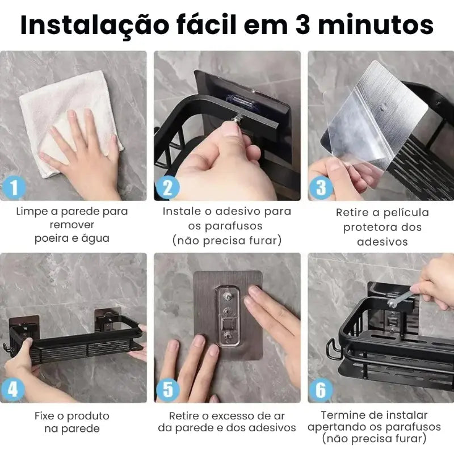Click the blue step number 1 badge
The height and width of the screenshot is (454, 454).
(x=14, y=187)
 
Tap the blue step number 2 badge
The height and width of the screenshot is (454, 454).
(x=168, y=187)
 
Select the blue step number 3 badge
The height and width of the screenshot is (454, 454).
(x=321, y=187)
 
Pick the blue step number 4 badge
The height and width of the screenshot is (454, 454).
(x=13, y=389)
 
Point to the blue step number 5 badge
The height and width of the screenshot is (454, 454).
(x=168, y=389)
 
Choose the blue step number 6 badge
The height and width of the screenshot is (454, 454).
(x=321, y=389)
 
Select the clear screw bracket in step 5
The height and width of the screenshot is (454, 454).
(x=228, y=316)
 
